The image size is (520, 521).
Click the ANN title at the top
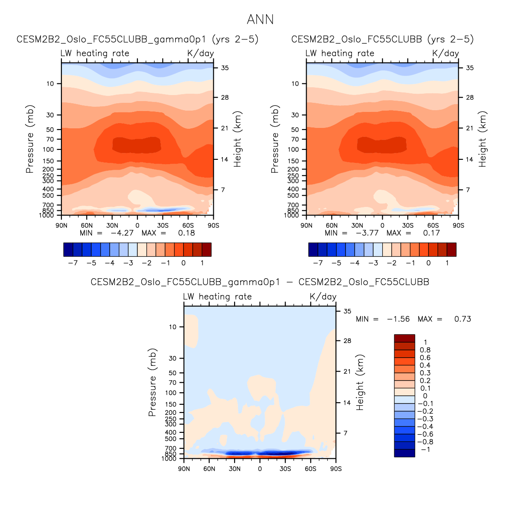pos(260,19)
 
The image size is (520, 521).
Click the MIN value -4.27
pos(122,233)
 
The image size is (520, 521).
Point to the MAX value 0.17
pos(431,233)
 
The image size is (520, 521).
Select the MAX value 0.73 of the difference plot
pos(463,319)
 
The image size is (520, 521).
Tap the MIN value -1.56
pos(398,319)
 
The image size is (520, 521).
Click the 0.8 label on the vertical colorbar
pos(425,350)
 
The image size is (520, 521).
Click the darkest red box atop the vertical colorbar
pos(404,338)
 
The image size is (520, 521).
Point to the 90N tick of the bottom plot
pos(184,469)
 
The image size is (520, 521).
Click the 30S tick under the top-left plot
pos(163,226)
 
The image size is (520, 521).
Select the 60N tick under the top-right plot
pos(332,226)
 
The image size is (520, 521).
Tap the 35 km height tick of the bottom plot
pos(347,311)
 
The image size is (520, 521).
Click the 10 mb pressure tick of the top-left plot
pos(51,84)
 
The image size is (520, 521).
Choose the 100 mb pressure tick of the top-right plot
pos(293,149)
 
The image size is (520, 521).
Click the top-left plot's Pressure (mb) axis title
pos(30,139)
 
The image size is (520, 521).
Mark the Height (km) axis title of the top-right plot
pos(482,139)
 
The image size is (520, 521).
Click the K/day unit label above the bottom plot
pos(323,297)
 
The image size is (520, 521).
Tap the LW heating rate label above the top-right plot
pos(340,53)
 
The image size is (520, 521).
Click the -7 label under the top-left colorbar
pos(73,263)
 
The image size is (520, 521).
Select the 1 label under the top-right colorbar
pos(447,263)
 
